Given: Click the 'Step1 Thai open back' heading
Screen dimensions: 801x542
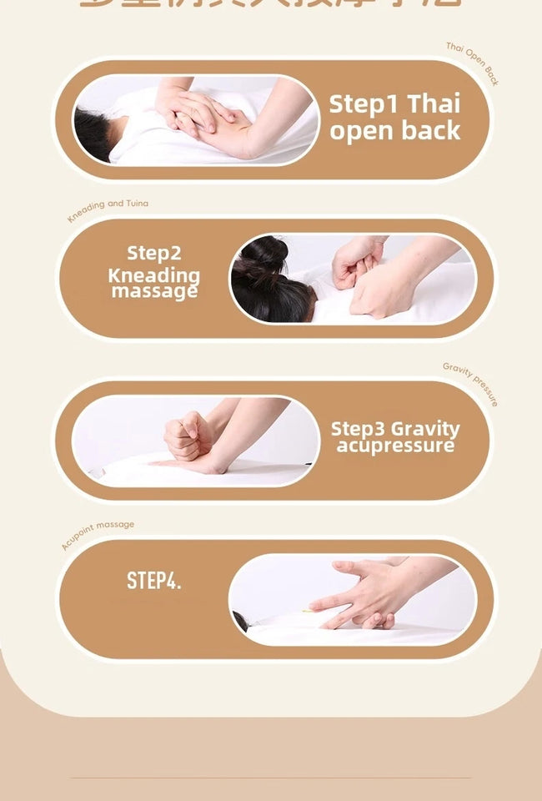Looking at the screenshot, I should [394, 118].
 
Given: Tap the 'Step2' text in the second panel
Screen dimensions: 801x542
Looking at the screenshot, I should [154, 253].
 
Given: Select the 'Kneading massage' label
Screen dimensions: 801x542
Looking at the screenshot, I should [154, 283].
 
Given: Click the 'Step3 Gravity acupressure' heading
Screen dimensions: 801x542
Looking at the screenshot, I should [395, 436].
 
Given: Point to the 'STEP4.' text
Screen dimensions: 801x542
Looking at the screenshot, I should [153, 581].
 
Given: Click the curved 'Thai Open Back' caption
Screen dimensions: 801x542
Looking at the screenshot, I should [473, 63].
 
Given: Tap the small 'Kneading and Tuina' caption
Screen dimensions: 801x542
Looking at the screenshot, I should [108, 209].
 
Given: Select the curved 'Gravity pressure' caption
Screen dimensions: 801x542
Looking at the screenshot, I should [471, 383].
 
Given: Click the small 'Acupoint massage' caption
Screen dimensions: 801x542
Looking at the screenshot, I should [97, 534].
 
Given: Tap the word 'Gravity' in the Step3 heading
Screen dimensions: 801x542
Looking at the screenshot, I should [425, 429].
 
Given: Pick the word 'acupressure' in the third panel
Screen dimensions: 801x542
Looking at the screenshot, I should [395, 446].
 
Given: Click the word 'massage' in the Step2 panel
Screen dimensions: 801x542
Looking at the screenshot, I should [154, 291].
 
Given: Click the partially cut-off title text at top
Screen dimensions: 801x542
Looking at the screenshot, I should [270, 4].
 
